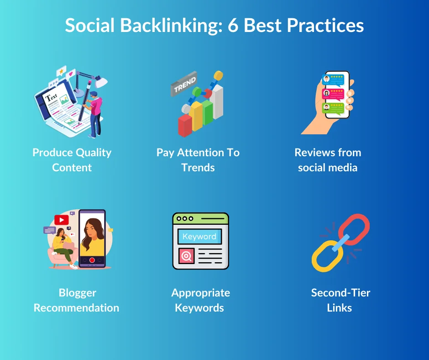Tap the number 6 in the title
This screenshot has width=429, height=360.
pos(234,26)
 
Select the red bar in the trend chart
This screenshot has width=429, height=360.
pos(185,126)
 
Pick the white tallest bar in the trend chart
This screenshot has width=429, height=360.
pos(218,101)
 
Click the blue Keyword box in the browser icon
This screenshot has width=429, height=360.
pos(199,237)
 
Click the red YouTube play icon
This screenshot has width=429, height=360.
pos(61,220)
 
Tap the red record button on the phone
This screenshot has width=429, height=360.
pos(92,260)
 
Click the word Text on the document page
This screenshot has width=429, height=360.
pos(52,97)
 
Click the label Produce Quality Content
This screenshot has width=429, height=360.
pos(72,160)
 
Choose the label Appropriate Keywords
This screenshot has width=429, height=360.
pos(200,300)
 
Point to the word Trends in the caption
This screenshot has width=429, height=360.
pos(198,168)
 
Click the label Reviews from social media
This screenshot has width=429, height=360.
pos(328,160)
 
